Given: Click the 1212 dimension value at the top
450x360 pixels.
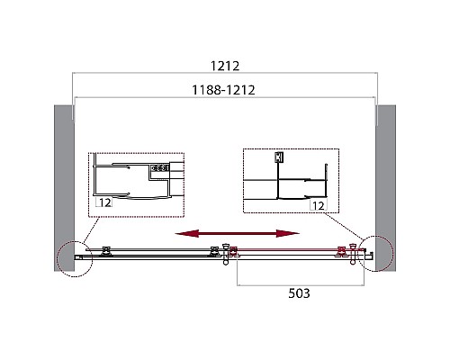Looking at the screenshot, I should [224, 66].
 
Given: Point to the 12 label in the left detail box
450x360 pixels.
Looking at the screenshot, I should [105, 204].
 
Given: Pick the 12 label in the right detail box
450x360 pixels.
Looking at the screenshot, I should [316, 206].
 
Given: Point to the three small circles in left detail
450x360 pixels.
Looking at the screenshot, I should [162, 167].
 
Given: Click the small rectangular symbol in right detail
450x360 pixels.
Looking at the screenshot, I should [279, 157].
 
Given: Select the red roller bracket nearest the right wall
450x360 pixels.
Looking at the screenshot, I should [341, 251].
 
